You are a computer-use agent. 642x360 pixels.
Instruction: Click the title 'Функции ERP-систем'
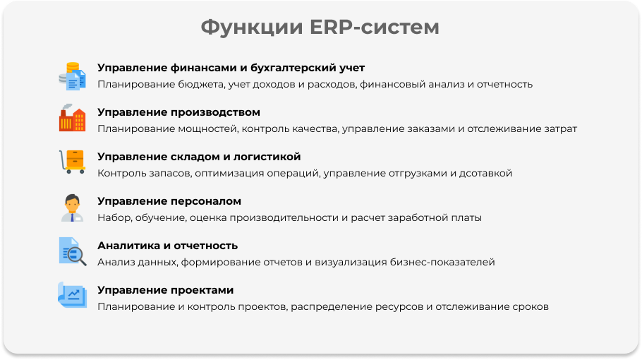pos(320,27)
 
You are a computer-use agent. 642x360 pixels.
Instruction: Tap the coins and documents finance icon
pos(73,76)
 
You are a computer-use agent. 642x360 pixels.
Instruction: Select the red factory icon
pos(73,118)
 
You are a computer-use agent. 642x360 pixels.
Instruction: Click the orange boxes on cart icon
pos(73,162)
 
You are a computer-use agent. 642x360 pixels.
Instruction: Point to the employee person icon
pos(73,208)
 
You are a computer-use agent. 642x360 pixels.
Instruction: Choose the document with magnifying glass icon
pos(73,251)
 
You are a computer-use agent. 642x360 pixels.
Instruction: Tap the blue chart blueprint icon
pos(73,294)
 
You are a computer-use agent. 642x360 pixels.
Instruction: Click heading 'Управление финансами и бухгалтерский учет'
pos(231,68)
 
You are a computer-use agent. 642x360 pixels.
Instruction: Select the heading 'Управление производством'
pos(178,112)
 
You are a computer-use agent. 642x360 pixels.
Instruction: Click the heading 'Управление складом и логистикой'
pos(199,157)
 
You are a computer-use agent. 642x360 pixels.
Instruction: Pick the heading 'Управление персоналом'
pos(169,201)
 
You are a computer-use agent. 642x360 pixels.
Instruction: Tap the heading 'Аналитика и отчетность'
pos(167,246)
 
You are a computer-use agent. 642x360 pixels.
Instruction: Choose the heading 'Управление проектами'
pos(165,290)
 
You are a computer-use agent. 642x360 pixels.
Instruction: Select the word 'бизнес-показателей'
pos(442,262)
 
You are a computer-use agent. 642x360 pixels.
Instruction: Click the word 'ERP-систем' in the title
pos(374,27)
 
